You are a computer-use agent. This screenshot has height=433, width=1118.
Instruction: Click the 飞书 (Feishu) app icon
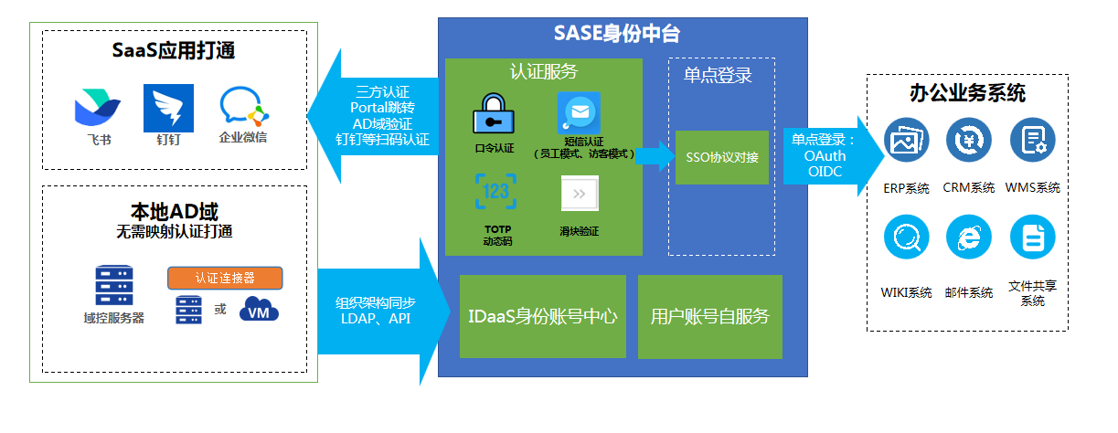[97, 109]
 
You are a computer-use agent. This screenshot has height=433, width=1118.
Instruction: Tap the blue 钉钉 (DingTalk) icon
[169, 109]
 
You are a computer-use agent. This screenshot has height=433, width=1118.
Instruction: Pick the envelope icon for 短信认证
[579, 113]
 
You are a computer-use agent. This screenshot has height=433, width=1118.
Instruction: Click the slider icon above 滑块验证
[580, 194]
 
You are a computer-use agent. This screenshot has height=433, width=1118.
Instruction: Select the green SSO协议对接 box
[722, 157]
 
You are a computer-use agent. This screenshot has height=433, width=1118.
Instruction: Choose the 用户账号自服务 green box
[710, 317]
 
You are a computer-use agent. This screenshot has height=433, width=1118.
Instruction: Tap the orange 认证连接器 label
[224, 278]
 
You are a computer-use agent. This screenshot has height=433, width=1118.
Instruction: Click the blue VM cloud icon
[259, 311]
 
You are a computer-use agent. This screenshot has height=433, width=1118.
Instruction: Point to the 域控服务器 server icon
[113, 286]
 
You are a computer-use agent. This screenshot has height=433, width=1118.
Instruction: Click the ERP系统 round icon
[906, 141]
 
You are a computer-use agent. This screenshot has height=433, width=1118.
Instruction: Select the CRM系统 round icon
[968, 141]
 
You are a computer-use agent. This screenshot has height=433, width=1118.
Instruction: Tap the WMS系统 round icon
[1032, 141]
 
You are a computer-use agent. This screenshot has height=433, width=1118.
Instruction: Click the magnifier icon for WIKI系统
[906, 238]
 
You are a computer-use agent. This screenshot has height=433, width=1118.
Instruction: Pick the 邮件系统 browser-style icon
[968, 238]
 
